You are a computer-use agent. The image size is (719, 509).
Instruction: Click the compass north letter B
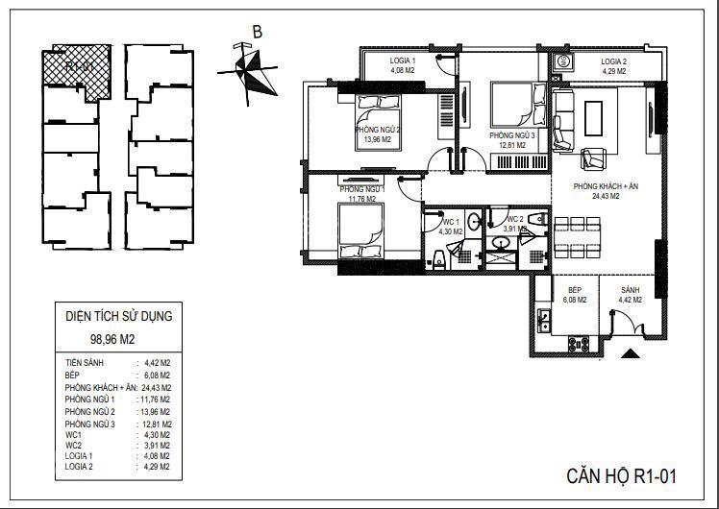pyautogui.click(x=257, y=32)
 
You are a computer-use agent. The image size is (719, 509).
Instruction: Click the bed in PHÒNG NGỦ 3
pyautogui.click(x=509, y=104)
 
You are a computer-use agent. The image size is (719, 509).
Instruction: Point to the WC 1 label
pyautogui.click(x=452, y=223)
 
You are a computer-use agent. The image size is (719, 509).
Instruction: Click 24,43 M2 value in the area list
pyautogui.click(x=156, y=387)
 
